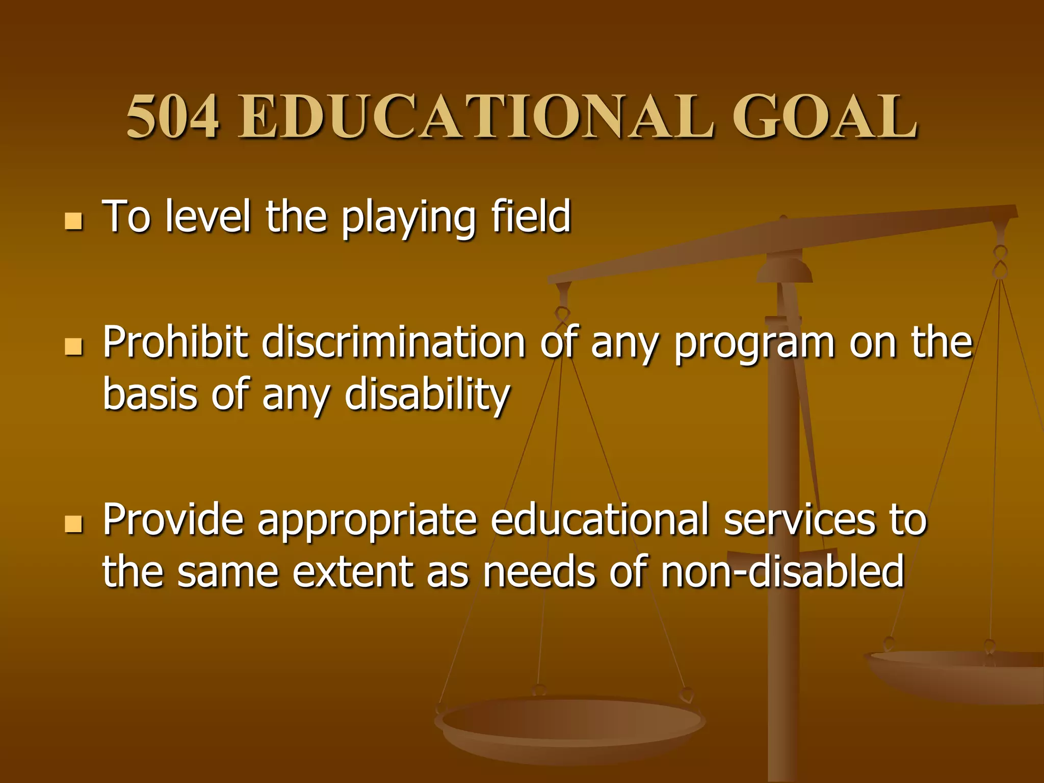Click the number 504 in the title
point(173,117)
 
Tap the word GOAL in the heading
point(824,117)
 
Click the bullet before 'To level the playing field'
point(74,221)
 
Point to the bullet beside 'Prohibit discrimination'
point(74,346)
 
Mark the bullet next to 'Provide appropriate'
point(74,523)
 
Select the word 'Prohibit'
point(175,342)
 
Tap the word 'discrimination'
point(393,342)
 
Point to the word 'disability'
point(427,396)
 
